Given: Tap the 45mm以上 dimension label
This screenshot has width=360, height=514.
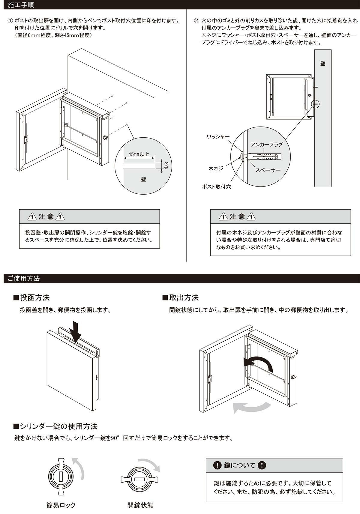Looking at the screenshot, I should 139,154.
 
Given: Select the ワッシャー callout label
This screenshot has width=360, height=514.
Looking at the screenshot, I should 218,137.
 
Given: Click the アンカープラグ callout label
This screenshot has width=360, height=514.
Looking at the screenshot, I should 267,144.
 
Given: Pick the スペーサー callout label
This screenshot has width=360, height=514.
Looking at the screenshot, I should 268,170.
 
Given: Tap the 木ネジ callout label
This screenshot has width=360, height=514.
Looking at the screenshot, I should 216,169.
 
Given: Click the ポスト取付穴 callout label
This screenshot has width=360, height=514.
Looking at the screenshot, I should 216,187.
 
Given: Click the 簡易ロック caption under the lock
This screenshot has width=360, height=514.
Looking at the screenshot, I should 61,505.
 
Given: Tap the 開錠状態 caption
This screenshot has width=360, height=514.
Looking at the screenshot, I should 140,505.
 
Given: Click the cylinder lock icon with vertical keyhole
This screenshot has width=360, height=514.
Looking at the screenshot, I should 61,476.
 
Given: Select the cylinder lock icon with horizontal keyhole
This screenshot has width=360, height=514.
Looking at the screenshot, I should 140,479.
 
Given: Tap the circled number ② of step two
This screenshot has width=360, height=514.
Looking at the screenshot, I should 196,21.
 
